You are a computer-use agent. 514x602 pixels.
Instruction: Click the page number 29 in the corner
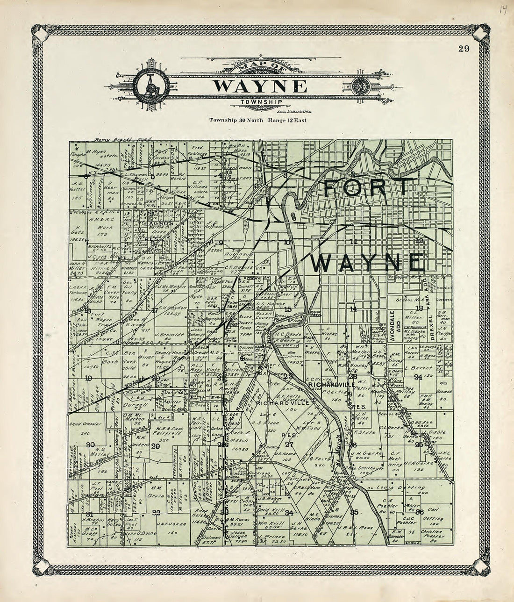pyautogui.click(x=464, y=49)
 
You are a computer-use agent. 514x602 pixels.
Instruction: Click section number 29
pyautogui.click(x=156, y=446)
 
